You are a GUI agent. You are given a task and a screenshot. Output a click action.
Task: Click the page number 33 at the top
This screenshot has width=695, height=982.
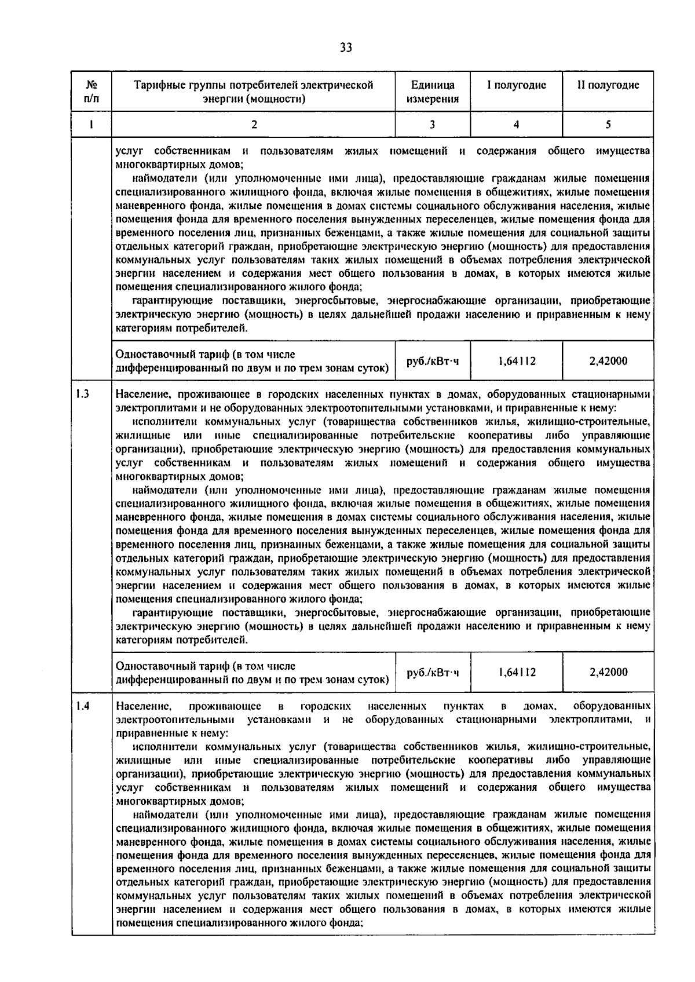[x=346, y=48]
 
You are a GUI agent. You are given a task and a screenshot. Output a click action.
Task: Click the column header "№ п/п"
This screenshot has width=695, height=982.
[x=92, y=92]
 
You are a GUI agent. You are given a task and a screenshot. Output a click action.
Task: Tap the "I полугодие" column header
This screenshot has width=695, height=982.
[x=516, y=85]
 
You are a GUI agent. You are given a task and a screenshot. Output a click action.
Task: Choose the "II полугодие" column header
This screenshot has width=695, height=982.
[x=608, y=85]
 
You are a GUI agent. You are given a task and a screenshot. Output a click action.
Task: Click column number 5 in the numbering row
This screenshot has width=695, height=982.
[x=608, y=124]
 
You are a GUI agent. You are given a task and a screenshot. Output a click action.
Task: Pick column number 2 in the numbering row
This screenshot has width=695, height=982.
[x=253, y=124]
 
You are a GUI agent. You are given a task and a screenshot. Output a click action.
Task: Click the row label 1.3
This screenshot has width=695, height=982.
[x=82, y=395]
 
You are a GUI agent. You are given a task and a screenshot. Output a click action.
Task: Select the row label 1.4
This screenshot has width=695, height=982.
[x=82, y=706]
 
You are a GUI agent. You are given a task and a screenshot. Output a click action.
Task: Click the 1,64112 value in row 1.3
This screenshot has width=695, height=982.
[x=517, y=672]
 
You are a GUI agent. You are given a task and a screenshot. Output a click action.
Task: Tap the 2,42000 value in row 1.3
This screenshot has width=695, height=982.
[x=608, y=672]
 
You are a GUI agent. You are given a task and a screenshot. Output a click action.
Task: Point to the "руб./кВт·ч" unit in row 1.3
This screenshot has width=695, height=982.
[x=433, y=672]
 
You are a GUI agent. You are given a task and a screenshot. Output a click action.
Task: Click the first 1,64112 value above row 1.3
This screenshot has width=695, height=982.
[x=517, y=361]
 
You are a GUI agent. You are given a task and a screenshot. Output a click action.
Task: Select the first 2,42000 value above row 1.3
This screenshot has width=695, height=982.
[x=608, y=361]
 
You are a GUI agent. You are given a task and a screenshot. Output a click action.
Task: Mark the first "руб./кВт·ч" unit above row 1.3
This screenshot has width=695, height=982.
[x=433, y=361]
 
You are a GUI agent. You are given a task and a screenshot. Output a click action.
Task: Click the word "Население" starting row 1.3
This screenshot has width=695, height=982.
[x=140, y=395]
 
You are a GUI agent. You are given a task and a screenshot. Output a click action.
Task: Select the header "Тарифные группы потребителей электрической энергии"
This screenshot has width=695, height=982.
[x=253, y=92]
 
